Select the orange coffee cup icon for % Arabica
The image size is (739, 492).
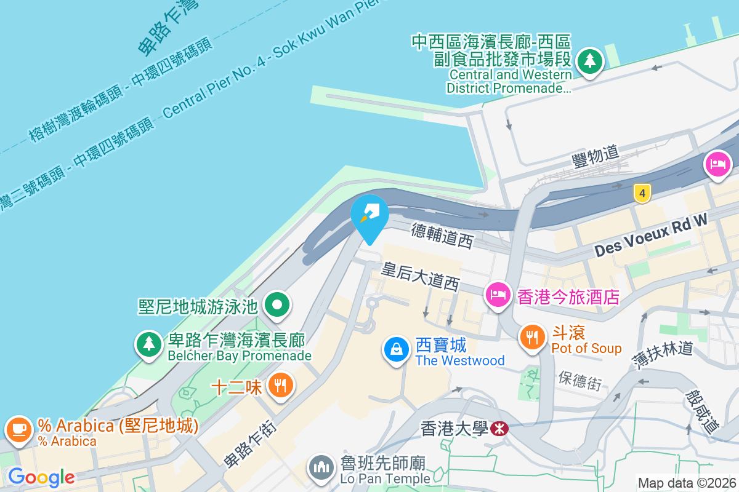point(19,428)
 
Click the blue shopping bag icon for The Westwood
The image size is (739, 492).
point(397,349)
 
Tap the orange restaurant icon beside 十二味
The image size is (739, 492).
point(281,386)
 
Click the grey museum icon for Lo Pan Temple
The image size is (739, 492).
point(321,468)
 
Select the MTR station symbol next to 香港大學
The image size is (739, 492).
point(500,428)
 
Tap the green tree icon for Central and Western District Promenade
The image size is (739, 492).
point(591,60)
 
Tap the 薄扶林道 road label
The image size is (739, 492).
point(663,353)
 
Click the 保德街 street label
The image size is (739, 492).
point(580,381)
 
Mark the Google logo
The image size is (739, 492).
point(41,477)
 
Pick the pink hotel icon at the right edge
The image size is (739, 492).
point(719,164)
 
